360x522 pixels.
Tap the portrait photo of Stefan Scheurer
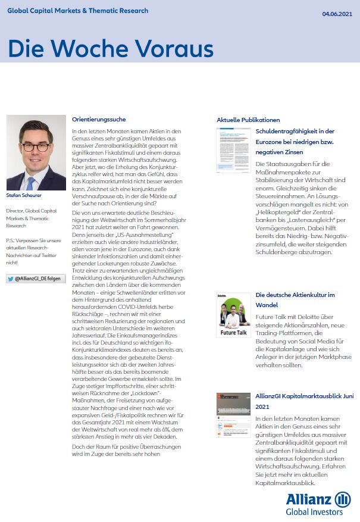coord(36,152)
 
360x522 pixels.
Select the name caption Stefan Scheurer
coord(24,195)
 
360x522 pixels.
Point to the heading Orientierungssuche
coord(99,119)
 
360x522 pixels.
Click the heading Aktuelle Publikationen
coord(248,120)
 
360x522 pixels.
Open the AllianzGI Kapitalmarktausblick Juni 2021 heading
coord(304,401)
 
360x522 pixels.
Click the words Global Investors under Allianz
coord(314,511)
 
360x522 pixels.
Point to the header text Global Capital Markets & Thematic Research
coord(77,11)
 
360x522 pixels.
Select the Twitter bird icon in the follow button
coord(11,279)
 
